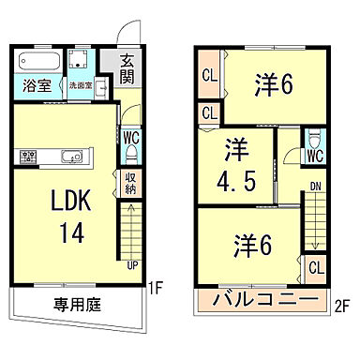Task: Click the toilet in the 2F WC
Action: (x=315, y=138)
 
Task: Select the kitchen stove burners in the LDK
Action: (x=24, y=156)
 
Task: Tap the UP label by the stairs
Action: (x=131, y=265)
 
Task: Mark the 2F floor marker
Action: (x=344, y=305)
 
